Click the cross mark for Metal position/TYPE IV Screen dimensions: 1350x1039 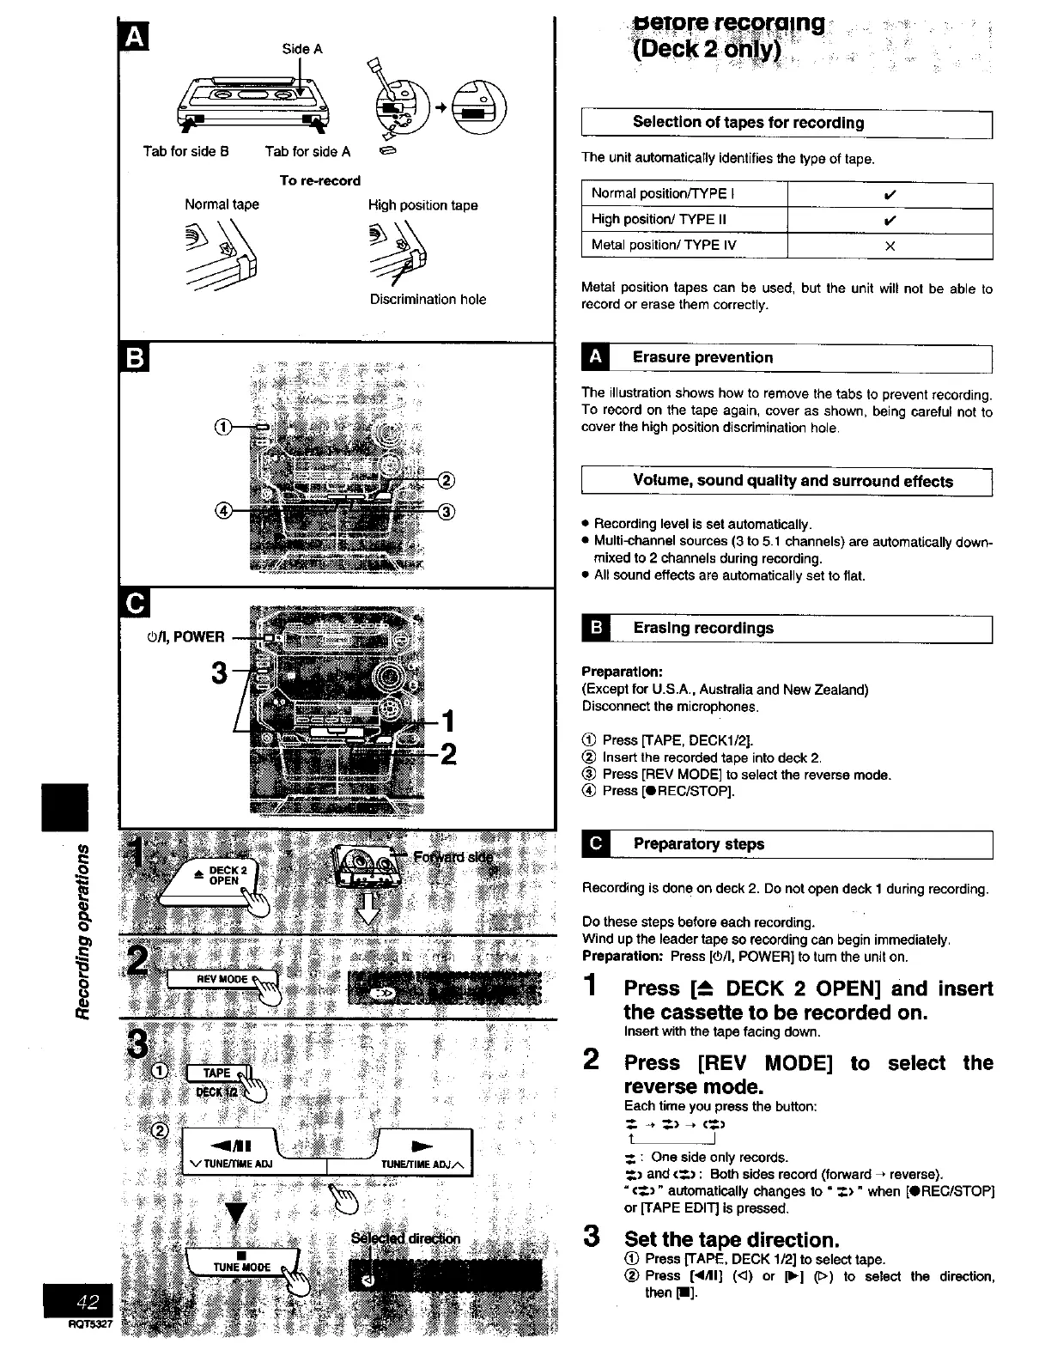click(x=890, y=246)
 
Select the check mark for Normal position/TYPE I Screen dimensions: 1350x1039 click(x=890, y=194)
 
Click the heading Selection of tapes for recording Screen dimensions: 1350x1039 click(x=748, y=123)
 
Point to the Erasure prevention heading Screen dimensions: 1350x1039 click(x=702, y=358)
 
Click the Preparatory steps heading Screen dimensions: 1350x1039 click(x=698, y=844)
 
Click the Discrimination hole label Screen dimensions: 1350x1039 click(x=428, y=300)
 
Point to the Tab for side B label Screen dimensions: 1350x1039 click(x=185, y=152)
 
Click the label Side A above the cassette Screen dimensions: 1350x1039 click(x=302, y=50)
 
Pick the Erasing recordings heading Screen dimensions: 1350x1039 click(x=702, y=629)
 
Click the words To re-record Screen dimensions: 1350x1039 click(x=319, y=181)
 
